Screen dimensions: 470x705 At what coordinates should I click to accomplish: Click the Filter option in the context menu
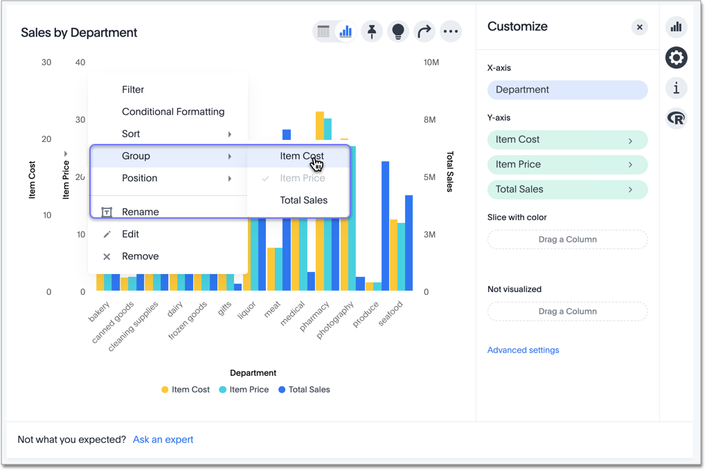tap(133, 89)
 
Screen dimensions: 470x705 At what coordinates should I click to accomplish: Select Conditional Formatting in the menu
tap(173, 111)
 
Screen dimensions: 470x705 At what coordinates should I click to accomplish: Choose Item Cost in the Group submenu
tap(301, 156)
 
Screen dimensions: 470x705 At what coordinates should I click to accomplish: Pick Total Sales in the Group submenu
tap(303, 200)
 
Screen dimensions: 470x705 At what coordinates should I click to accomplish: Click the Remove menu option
tap(140, 256)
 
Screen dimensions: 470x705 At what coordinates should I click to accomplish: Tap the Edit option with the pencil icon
tap(130, 234)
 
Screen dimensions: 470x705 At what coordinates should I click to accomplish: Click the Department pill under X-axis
tap(567, 90)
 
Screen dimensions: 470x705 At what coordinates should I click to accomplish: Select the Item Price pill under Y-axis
tap(567, 165)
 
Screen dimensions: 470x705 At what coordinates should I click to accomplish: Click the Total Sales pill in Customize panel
tap(567, 190)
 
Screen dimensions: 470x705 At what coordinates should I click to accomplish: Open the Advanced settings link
tap(523, 350)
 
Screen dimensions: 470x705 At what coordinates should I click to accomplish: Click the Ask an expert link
tap(163, 440)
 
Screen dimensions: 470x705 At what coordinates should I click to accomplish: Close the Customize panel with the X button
tap(639, 27)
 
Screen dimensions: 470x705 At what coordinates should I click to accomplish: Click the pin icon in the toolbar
tap(372, 31)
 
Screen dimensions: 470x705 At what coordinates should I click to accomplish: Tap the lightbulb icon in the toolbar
tap(398, 31)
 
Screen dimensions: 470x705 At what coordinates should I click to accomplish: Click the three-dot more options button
tap(451, 31)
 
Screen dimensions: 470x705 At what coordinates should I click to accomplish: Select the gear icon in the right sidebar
tap(676, 57)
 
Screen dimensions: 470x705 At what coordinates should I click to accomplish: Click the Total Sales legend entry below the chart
tap(304, 390)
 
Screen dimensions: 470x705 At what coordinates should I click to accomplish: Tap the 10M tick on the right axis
tap(431, 62)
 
